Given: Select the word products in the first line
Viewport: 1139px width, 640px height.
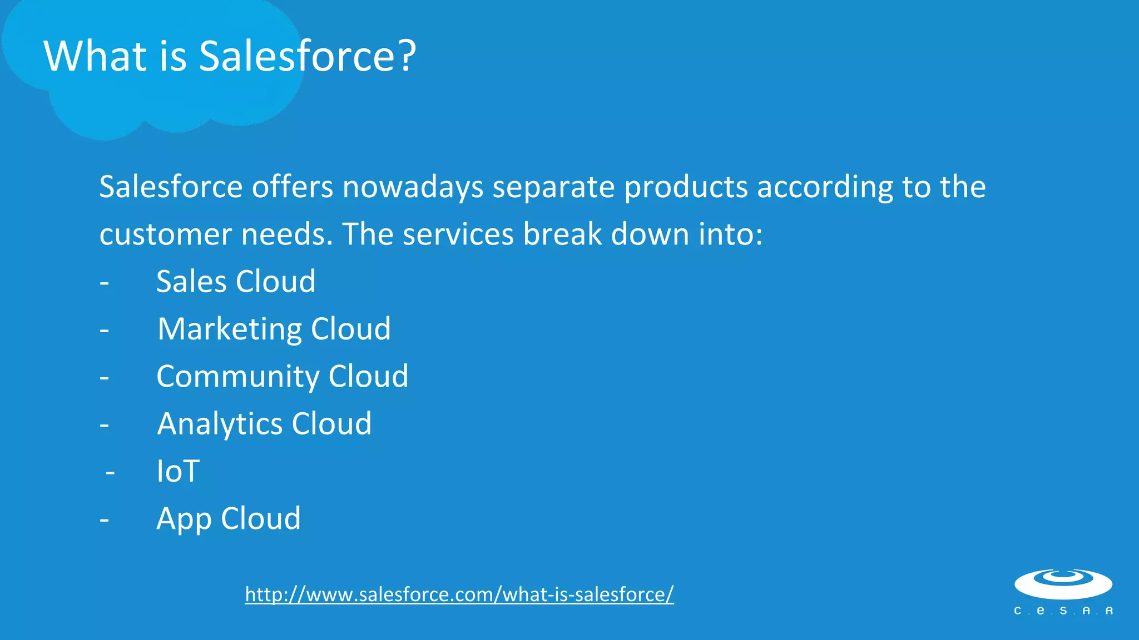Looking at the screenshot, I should point(686,187).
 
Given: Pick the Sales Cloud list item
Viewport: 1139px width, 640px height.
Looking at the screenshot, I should point(236,281).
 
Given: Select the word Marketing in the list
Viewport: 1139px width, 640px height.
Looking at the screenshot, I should point(229,329).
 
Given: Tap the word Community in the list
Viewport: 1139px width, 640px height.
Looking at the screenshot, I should point(237,377).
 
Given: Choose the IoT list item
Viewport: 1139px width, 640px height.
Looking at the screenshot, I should point(178,471).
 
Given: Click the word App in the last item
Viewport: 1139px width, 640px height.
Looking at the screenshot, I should point(184,519).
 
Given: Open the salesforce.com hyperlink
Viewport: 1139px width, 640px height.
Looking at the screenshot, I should point(459,594).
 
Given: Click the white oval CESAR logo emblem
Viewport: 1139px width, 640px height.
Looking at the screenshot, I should point(1063,584).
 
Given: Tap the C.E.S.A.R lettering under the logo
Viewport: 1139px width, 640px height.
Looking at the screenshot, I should point(1063,611).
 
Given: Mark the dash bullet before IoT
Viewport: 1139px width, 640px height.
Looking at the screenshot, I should point(110,473).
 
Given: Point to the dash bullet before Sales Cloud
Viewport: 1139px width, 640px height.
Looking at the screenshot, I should point(105,283).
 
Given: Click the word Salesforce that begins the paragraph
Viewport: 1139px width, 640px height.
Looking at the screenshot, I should point(171,187).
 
